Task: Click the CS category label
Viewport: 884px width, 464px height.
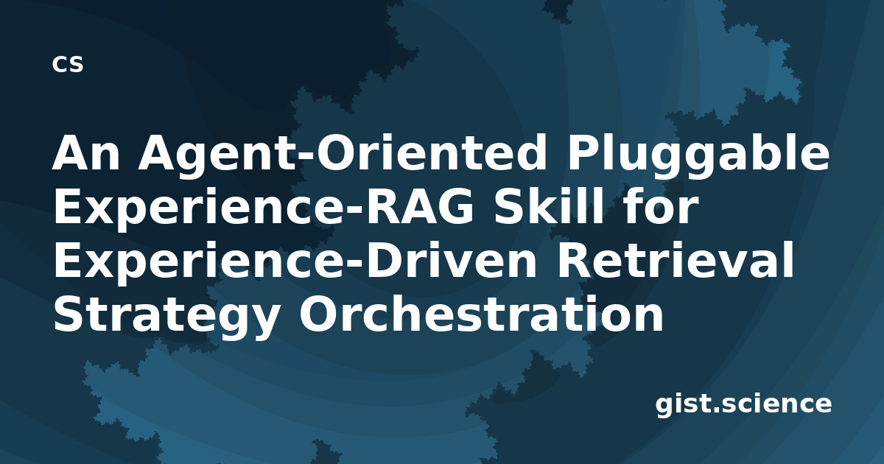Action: [68, 64]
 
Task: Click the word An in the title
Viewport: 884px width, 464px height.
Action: [86, 153]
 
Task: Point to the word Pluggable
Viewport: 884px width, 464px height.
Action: [698, 158]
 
